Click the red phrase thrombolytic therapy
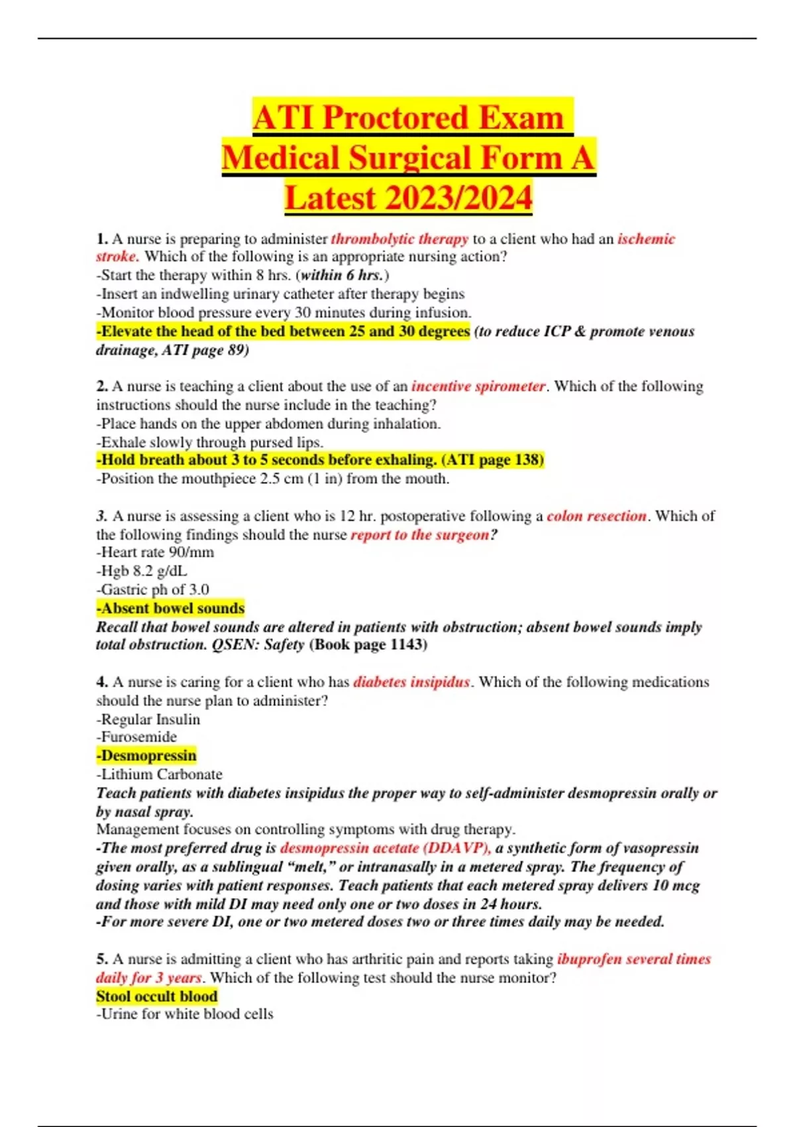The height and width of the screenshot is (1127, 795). (399, 239)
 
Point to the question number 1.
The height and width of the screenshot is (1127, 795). (102, 239)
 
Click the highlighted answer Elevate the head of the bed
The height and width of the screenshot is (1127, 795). (284, 331)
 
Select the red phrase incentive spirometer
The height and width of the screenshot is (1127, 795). (478, 386)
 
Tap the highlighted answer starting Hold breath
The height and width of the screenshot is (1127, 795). (320, 459)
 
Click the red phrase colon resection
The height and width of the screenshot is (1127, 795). (596, 516)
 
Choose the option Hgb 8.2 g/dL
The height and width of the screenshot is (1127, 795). (142, 571)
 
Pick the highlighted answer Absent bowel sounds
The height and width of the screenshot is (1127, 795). (170, 608)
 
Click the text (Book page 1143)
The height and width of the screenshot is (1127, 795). (368, 644)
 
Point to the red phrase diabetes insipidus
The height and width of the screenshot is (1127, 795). (411, 682)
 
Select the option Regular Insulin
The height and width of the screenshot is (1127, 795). (148, 719)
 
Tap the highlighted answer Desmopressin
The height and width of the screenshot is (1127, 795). (146, 756)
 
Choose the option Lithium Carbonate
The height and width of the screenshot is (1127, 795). (159, 774)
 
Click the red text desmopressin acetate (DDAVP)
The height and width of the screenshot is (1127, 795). (386, 848)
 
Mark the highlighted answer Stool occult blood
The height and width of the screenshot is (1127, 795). (157, 996)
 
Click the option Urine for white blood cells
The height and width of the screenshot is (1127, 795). (185, 1014)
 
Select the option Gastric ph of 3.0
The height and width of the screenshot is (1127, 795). (153, 589)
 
